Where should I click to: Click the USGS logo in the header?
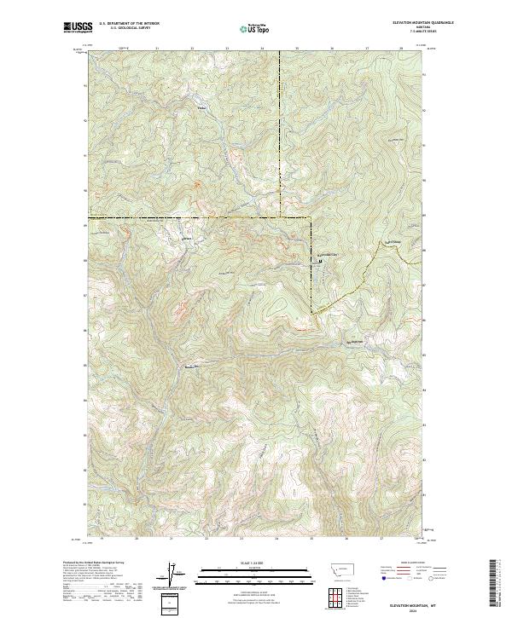[78, 27]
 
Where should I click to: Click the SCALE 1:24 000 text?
[241, 563]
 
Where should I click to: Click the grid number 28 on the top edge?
[401, 49]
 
